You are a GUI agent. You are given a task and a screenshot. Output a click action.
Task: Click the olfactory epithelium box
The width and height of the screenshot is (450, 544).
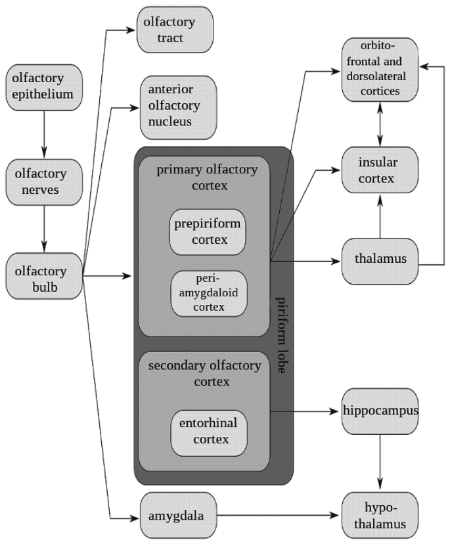coord(43,87)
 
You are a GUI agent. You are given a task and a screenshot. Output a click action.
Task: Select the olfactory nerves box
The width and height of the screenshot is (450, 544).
coord(43,182)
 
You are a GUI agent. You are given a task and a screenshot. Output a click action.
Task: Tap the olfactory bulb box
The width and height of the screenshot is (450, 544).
coord(43,279)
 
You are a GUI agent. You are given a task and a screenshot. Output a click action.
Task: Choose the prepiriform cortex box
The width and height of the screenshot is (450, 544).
coord(207,232)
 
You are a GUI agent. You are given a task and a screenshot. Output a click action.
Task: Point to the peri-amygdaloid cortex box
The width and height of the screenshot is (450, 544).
coord(207,292)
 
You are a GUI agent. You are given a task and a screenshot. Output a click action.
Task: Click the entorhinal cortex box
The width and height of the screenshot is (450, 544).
coord(207,431)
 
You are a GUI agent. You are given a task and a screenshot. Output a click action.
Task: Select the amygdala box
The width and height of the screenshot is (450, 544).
coord(170,515)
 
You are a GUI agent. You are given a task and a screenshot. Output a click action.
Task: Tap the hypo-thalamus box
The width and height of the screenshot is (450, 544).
coord(380,515)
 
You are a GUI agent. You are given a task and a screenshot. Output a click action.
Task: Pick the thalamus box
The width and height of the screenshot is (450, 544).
coord(380,260)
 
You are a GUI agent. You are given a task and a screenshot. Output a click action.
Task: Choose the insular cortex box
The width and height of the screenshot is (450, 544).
coord(380,171)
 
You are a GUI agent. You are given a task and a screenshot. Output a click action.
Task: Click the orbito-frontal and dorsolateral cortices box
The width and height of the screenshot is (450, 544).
coord(380,70)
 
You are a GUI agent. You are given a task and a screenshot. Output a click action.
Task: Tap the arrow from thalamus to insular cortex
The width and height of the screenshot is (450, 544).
coord(380,215)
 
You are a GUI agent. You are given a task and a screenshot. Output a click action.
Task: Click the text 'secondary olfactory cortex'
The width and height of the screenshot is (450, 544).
coord(203,373)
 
